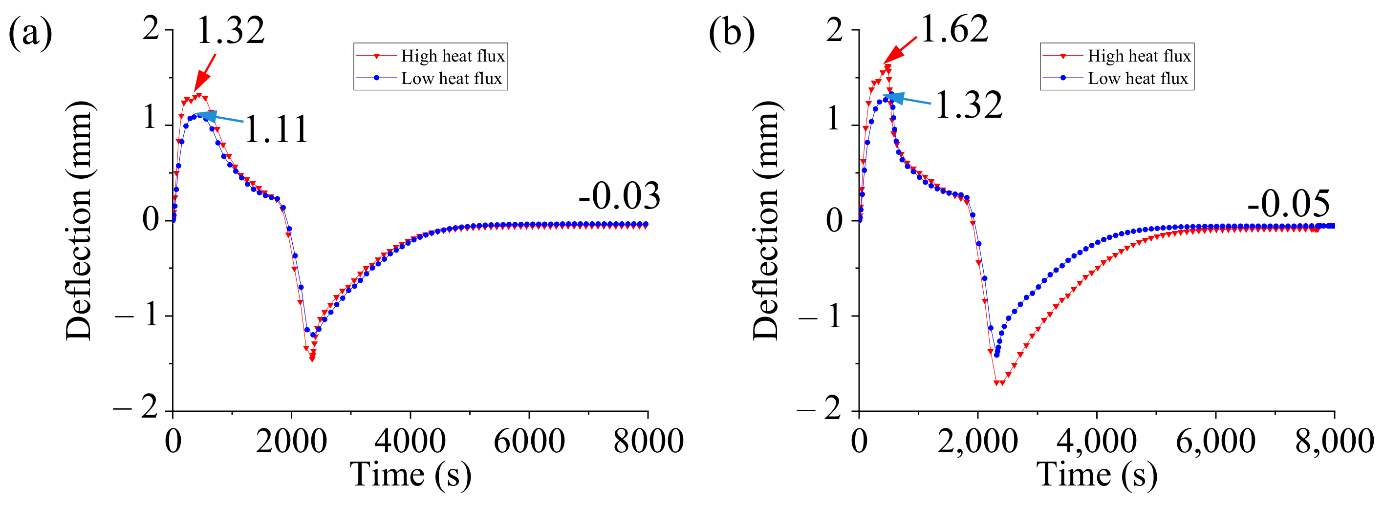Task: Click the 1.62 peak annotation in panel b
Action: coord(954,29)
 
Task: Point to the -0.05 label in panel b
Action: coord(1288,204)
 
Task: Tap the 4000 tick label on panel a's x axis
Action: coord(410,442)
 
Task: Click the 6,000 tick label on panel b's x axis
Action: coord(1215,442)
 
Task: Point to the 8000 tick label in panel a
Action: coord(648,442)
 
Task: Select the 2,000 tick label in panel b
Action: coord(977,442)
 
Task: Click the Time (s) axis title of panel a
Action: coord(411,475)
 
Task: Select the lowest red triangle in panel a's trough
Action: coord(312,359)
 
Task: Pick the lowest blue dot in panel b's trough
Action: coord(996,355)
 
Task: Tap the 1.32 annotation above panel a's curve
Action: coord(231,31)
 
